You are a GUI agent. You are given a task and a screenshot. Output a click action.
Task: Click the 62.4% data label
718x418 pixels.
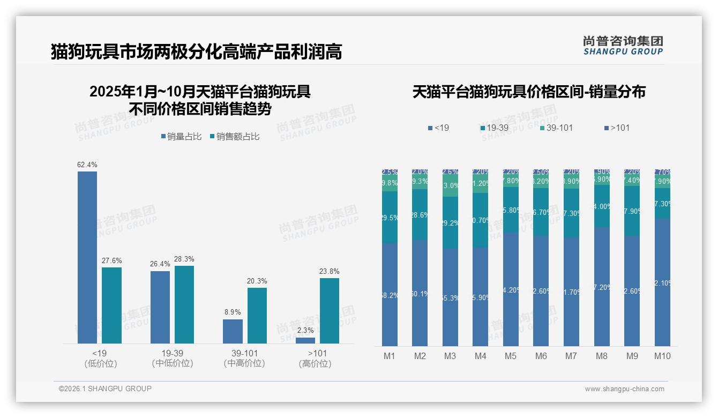87,165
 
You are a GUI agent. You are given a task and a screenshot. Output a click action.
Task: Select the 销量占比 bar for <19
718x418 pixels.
87,257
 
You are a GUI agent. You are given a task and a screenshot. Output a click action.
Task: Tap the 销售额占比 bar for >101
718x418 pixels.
330,311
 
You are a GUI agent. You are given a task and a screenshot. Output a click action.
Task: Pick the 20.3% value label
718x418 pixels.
257,281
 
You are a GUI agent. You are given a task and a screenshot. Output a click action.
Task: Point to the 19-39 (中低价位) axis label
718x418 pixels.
173,359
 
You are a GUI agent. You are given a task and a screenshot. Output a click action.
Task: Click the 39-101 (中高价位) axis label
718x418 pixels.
244,359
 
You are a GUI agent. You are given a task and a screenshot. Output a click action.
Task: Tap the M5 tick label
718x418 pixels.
511,356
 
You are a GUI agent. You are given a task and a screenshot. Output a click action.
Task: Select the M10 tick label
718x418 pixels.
662,356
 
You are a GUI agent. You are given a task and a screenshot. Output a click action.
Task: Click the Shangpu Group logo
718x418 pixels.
623,45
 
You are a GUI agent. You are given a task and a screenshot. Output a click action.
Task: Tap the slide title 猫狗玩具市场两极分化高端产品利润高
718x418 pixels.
196,52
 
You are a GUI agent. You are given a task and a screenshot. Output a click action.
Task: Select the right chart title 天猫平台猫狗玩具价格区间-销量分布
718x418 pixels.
529,92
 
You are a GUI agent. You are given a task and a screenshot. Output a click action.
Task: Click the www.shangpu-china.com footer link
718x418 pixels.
624,389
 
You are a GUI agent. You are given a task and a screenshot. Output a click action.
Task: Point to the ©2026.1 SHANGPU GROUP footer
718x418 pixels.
105,389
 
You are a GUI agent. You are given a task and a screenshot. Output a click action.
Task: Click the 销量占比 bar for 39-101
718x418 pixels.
233,332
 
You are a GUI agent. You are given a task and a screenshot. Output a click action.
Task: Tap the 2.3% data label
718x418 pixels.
305,331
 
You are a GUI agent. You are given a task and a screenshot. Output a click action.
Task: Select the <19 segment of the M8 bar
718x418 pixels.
602,287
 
